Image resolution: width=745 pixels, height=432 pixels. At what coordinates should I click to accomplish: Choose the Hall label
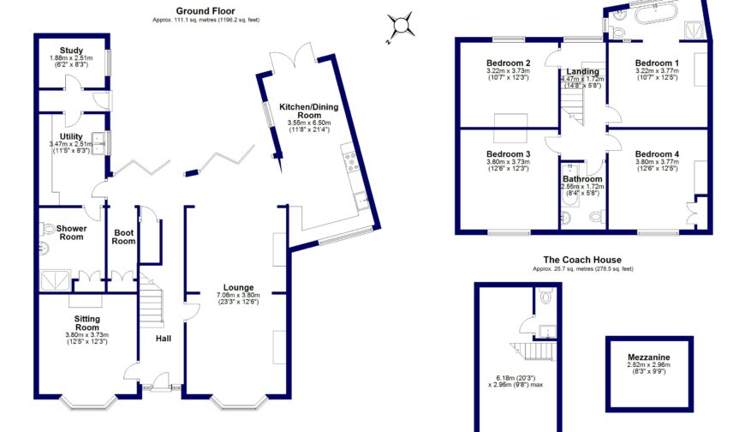pos(163,339)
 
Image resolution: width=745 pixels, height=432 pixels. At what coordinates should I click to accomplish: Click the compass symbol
pos(400,26)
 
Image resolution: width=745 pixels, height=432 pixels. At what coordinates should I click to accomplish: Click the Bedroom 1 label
pos(658,63)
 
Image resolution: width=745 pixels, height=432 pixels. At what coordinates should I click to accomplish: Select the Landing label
pos(582,72)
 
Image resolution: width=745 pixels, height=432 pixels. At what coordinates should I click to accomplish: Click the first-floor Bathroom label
pos(581,179)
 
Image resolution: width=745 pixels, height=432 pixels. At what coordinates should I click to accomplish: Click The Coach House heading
pos(582,260)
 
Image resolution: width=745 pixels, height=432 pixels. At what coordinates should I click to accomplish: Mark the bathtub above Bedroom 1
pos(655,17)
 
